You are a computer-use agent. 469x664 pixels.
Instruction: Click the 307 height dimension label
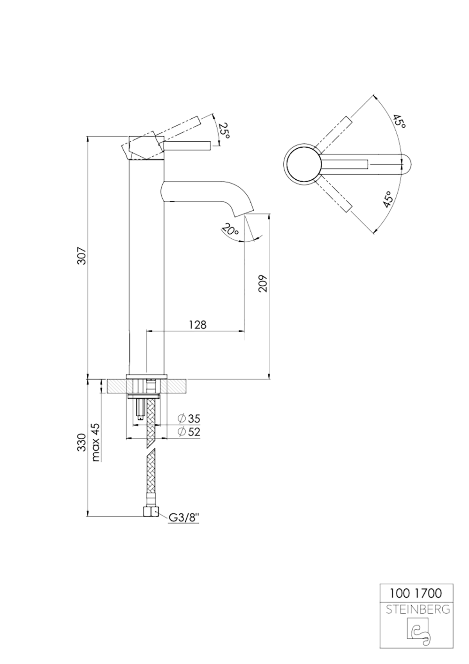coord(82,255)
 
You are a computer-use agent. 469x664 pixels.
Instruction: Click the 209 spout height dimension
coord(263,283)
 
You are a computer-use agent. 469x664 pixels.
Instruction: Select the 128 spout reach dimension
coord(197,325)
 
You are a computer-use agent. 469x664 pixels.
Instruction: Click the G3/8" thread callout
coord(184,518)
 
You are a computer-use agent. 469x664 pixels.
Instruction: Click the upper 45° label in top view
coord(399,122)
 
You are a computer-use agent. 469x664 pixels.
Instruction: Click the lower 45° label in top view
coord(388,199)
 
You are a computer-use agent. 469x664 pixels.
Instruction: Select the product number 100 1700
coord(416,593)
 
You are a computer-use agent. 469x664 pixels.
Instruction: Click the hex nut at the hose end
coord(150,511)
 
